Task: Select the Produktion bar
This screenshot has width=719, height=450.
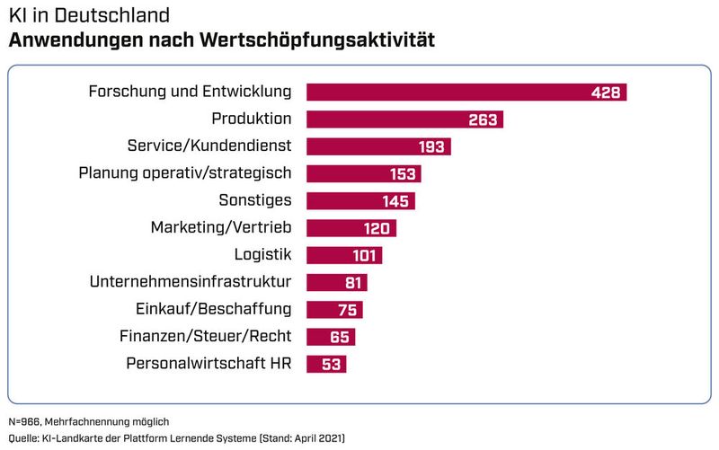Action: [404, 119]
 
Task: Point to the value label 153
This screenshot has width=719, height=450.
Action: [404, 174]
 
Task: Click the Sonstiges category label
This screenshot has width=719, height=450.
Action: [255, 200]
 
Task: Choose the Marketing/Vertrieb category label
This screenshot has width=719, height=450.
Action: [221, 228]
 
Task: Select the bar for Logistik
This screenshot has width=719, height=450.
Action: [344, 255]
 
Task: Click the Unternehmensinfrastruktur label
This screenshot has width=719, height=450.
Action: [191, 282]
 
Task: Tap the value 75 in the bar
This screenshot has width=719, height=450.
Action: [348, 310]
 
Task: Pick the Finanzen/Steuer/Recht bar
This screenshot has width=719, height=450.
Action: [331, 337]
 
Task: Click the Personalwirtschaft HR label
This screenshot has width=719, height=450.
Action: [209, 364]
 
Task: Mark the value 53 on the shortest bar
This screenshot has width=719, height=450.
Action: [332, 365]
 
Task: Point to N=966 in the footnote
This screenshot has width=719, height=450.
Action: [26, 421]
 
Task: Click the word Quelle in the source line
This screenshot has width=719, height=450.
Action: [23, 437]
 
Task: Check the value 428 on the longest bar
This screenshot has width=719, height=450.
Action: [606, 93]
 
